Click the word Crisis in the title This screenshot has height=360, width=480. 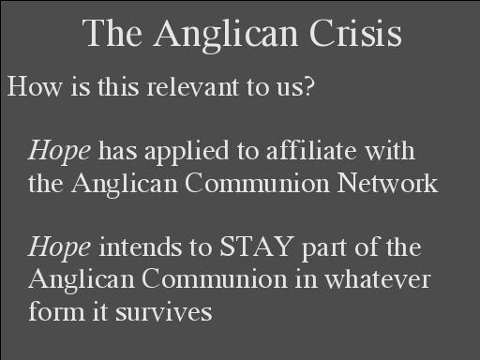pyautogui.click(x=355, y=33)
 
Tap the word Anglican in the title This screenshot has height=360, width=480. pyautogui.click(x=225, y=36)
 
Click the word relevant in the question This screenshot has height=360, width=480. pyautogui.click(x=192, y=86)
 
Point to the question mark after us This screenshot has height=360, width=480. pyautogui.click(x=308, y=86)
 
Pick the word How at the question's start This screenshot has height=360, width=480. pyautogui.click(x=34, y=86)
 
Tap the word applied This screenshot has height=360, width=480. pyautogui.click(x=187, y=152)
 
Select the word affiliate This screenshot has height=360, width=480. pyautogui.click(x=311, y=150)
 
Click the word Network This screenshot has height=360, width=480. pyautogui.click(x=387, y=183)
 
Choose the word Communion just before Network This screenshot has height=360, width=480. pyautogui.click(x=257, y=183)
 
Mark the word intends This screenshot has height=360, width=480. pyautogui.click(x=140, y=247)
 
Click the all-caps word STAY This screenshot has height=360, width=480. pyautogui.click(x=257, y=247)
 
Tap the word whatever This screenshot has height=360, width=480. pyautogui.click(x=378, y=278)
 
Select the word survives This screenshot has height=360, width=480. pyautogui.click(x=164, y=311)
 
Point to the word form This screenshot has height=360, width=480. pyautogui.click(x=56, y=310)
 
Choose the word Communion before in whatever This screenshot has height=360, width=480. pyautogui.click(x=214, y=278)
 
